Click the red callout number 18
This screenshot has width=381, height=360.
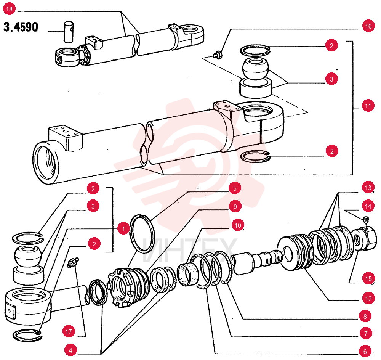click(x=9, y=9)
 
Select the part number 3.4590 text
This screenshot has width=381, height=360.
click(x=21, y=27)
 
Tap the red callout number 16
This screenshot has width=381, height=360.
click(x=368, y=26)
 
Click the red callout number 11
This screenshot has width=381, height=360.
click(x=368, y=106)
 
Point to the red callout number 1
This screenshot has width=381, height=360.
click(x=123, y=229)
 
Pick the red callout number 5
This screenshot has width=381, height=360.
click(x=235, y=188)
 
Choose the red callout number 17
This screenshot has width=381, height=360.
click(x=69, y=331)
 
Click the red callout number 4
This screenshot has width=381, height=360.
click(x=70, y=350)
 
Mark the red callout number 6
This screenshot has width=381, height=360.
click(x=365, y=351)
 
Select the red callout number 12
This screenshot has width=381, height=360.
click(x=368, y=299)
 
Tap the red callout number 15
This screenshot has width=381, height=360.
click(x=368, y=278)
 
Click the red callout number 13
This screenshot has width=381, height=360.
click(x=368, y=188)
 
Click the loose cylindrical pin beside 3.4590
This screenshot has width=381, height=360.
click(x=69, y=32)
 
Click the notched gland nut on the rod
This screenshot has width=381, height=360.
click(x=129, y=287)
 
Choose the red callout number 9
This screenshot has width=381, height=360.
click(x=235, y=207)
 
